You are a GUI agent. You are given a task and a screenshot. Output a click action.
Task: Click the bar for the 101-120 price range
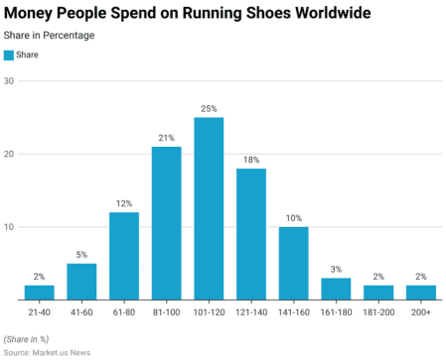tap(209, 208)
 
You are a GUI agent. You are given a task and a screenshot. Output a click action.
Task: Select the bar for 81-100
tap(166, 223)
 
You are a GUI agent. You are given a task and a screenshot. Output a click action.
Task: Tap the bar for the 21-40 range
tap(39, 293)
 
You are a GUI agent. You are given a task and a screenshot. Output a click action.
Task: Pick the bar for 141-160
tap(293, 263)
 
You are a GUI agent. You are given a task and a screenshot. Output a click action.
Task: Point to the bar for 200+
tap(420, 293)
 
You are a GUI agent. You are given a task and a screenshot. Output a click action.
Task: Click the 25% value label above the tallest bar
tap(209, 108)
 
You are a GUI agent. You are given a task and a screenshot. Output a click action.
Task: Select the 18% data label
tap(250, 160)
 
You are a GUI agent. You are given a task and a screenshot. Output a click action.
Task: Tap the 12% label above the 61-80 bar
tap(124, 203)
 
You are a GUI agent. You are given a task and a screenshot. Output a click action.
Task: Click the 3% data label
tap(336, 269)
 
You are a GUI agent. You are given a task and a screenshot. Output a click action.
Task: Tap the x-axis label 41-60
tap(81, 311)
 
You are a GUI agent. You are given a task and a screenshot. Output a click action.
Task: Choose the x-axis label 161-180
tap(336, 311)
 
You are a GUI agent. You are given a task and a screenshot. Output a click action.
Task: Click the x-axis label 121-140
tap(250, 311)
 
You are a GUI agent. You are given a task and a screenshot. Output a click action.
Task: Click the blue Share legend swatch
tap(10, 56)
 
